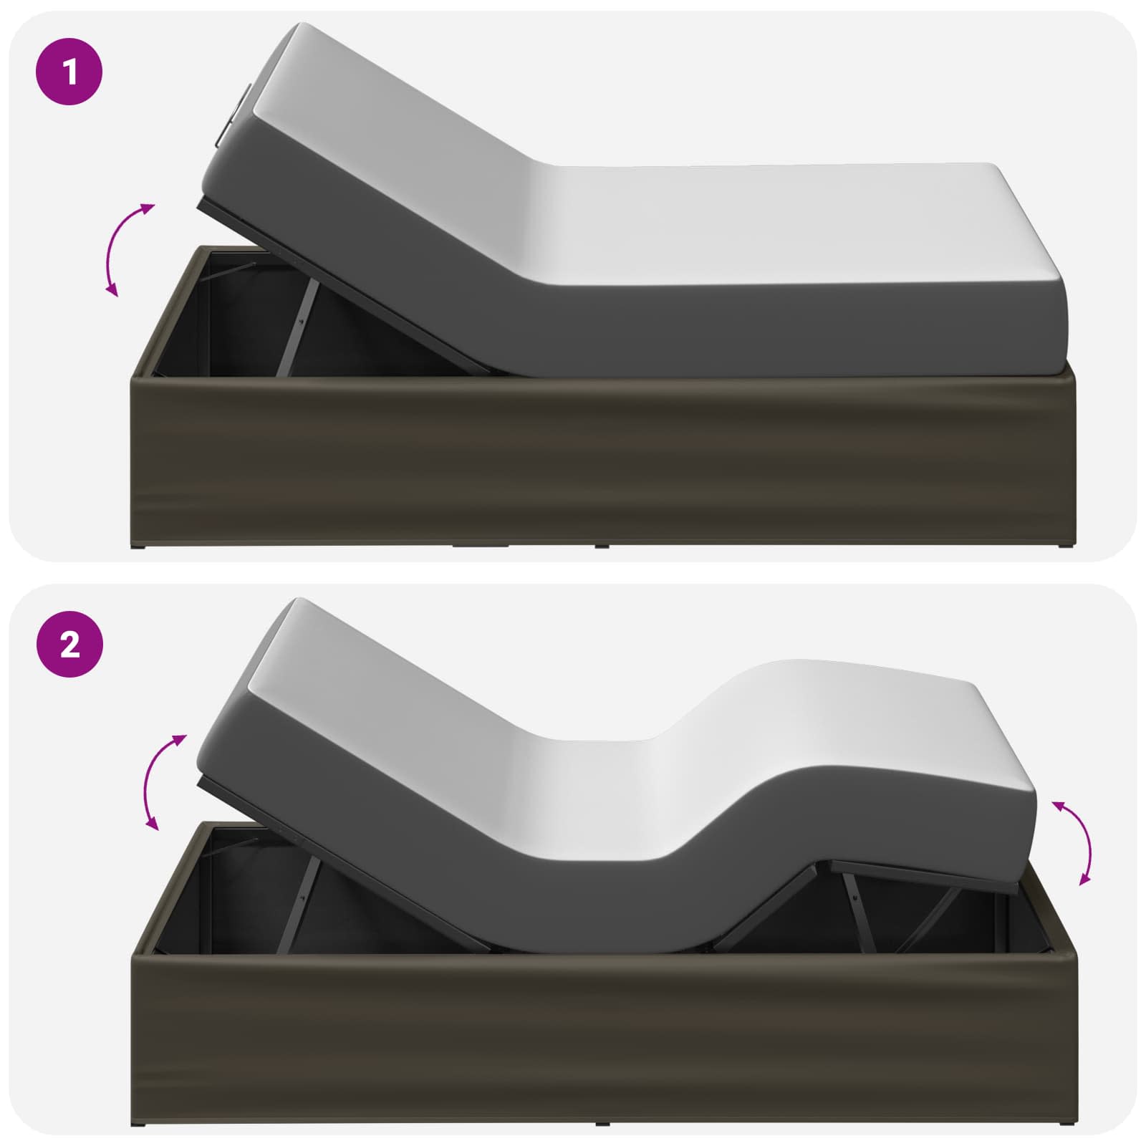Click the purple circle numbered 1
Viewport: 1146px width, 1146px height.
tap(70, 72)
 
